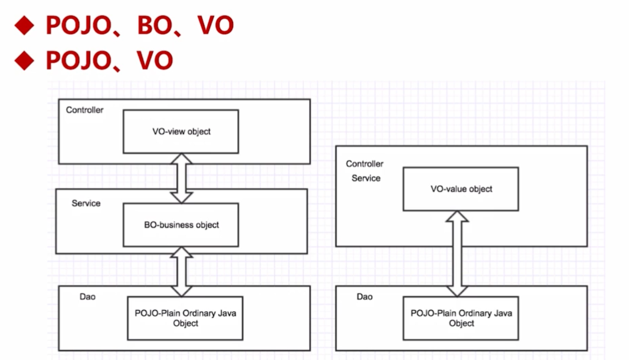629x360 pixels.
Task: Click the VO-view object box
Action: (181, 131)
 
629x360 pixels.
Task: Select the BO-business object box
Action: (181, 225)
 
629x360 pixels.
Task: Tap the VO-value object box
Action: (460, 189)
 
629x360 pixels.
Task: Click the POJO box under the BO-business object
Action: (185, 318)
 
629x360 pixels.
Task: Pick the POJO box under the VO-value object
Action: (461, 318)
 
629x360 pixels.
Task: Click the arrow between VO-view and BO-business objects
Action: (181, 178)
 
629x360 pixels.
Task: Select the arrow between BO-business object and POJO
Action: (181, 271)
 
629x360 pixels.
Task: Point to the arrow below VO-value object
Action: (457, 254)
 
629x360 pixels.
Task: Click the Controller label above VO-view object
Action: (84, 110)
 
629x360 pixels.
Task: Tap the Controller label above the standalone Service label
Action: (364, 163)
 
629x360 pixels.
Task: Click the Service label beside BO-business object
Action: (86, 203)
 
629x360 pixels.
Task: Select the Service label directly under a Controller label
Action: (366, 178)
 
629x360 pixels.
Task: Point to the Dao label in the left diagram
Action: (87, 296)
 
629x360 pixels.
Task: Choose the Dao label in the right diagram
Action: (365, 296)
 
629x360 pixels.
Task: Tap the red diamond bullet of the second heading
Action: (25, 60)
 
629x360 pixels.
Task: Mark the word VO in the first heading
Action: (215, 25)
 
